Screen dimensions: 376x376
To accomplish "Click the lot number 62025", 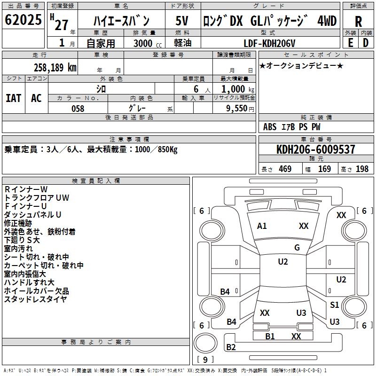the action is coord(23,21).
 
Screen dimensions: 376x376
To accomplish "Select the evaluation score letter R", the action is coord(358,22).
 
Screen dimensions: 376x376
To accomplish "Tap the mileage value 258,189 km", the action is coord(55,67).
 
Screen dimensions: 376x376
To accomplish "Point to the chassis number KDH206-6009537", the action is coord(316,149).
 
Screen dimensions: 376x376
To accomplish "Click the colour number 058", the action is coord(78,108).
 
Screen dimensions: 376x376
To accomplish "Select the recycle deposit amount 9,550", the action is coord(237,108).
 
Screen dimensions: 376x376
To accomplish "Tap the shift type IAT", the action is coord(13,98).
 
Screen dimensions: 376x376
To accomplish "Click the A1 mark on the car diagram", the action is coord(262,226).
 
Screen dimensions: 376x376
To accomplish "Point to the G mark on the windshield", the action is coord(297,247).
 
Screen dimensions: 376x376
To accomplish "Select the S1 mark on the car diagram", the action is coord(334,305).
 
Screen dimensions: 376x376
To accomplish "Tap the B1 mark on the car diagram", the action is coord(270,336).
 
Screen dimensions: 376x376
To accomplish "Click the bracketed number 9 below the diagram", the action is coord(206,360).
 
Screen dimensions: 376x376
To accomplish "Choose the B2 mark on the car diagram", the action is coord(231,347).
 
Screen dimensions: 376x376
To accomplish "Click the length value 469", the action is coord(285,169).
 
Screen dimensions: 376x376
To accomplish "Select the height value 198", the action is coord(362,169).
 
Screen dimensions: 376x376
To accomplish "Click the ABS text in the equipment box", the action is coord(270,127).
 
